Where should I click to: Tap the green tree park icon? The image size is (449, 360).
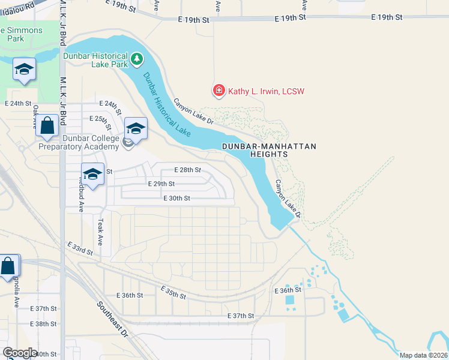138,58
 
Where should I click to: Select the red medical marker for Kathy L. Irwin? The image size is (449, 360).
219,91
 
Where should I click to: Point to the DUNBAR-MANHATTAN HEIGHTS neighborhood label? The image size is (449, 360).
268,150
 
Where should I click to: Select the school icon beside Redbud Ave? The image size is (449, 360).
92,174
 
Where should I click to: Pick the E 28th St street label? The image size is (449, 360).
187,170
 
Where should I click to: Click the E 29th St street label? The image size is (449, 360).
161,184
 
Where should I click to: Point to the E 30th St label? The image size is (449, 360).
176,198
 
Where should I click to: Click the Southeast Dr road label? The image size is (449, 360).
112,317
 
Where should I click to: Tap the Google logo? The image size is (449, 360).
19,353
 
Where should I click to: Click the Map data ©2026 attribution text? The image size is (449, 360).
423,355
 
